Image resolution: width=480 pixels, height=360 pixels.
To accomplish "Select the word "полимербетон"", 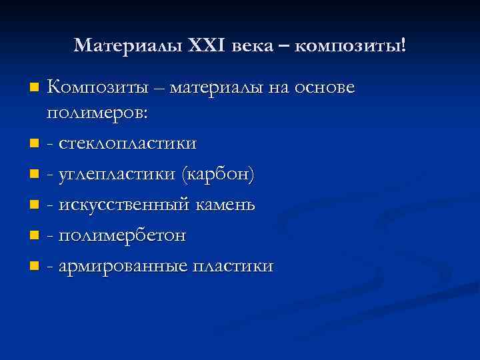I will click(122, 235).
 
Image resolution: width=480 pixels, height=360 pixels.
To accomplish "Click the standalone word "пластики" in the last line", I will click(233, 267).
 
